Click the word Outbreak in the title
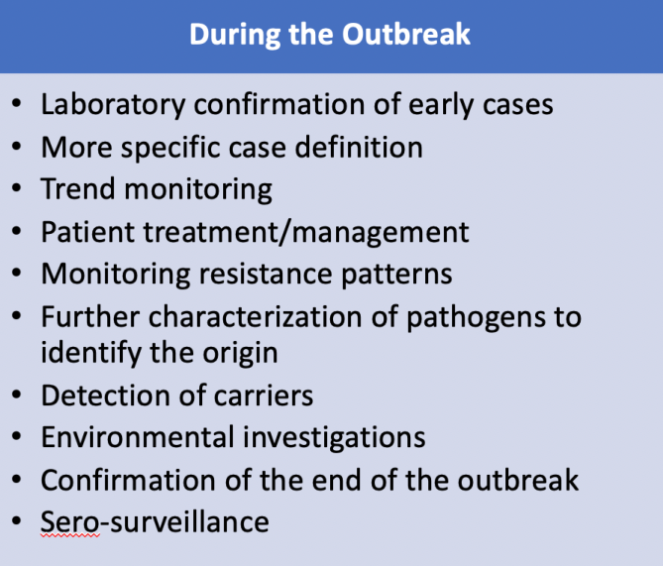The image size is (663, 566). click(x=406, y=34)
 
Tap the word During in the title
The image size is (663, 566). click(x=235, y=35)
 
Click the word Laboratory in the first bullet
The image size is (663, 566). click(x=113, y=105)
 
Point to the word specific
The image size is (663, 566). click(x=170, y=148)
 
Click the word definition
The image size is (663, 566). click(x=359, y=148)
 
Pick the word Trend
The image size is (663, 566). click(x=78, y=188)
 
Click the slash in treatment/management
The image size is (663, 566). click(x=285, y=232)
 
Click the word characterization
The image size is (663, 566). click(x=255, y=317)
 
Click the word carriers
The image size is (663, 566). click(x=264, y=396)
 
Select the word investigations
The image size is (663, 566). click(x=334, y=438)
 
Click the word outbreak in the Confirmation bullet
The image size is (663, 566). click(x=518, y=480)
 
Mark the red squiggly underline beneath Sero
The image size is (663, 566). click(x=70, y=536)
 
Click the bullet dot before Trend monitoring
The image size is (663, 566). click(x=17, y=188)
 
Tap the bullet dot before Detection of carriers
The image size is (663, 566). click(x=17, y=396)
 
